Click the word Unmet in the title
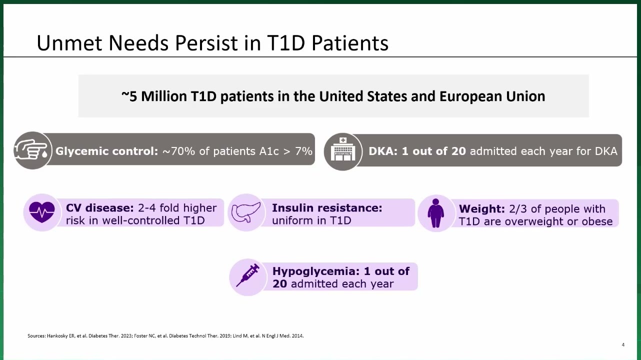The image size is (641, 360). pyautogui.click(x=69, y=43)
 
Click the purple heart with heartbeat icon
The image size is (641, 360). pyautogui.click(x=42, y=212)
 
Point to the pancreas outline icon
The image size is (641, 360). pyautogui.click(x=246, y=212)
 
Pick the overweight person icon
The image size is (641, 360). pyautogui.click(x=435, y=213)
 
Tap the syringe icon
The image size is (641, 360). pyautogui.click(x=248, y=275)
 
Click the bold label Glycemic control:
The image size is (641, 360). pyautogui.click(x=106, y=151)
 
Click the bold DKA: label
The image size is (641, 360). pyautogui.click(x=383, y=151)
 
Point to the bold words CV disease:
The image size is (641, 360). pyautogui.click(x=100, y=208)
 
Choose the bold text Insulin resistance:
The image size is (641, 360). pyautogui.click(x=327, y=208)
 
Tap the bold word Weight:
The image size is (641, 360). pyautogui.click(x=482, y=209)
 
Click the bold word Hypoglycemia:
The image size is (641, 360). pyautogui.click(x=316, y=271)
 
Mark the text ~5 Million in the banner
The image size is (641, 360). pyautogui.click(x=154, y=96)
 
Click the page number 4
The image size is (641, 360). pyautogui.click(x=623, y=345)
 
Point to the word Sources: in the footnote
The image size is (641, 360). pyautogui.click(x=36, y=335)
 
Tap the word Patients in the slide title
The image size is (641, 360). pyautogui.click(x=349, y=43)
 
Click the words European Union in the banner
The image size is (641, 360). pyautogui.click(x=492, y=96)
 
